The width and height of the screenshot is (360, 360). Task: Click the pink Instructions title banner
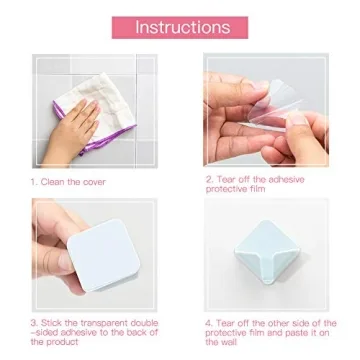tap(180, 28)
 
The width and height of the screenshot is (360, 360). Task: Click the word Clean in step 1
tap(55, 182)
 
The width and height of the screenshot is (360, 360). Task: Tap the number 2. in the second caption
tap(210, 178)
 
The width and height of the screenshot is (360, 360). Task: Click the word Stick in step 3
tap(54, 323)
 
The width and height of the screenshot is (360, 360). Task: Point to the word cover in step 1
tap(94, 182)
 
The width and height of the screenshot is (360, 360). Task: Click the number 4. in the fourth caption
tap(210, 323)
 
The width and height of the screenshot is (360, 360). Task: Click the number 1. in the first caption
tap(34, 182)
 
